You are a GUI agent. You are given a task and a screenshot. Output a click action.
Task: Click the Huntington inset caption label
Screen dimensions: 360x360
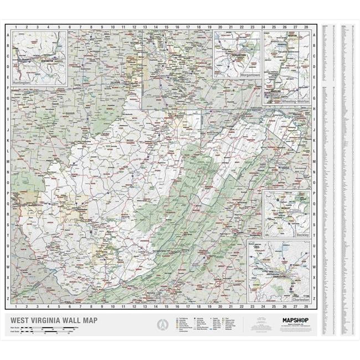[22, 82]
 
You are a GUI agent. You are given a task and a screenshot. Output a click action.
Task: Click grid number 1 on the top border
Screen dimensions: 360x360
[16, 27]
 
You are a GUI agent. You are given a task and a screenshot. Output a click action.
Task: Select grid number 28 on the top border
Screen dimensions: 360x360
[306, 27]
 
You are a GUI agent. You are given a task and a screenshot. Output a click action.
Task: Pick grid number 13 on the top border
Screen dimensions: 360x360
[145, 27]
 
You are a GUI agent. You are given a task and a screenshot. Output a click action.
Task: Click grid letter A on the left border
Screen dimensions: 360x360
[8, 34]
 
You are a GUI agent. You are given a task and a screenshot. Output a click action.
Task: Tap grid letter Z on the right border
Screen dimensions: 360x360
[314, 289]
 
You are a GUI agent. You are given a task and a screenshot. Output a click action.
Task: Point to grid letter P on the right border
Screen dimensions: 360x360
[314, 193]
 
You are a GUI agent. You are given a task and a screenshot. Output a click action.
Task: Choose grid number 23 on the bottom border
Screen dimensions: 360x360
[252, 306]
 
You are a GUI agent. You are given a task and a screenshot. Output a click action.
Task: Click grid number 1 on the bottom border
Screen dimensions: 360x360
[16, 306]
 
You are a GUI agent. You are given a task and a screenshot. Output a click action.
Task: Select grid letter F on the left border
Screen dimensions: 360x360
[8, 88]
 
